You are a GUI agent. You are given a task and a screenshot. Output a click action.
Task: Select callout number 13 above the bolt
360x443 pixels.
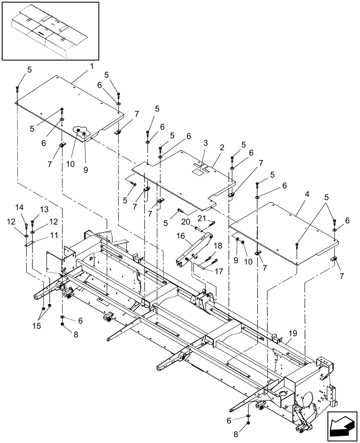point(44,209)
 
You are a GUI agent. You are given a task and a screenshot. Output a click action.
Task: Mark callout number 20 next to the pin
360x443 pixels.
point(186,221)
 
